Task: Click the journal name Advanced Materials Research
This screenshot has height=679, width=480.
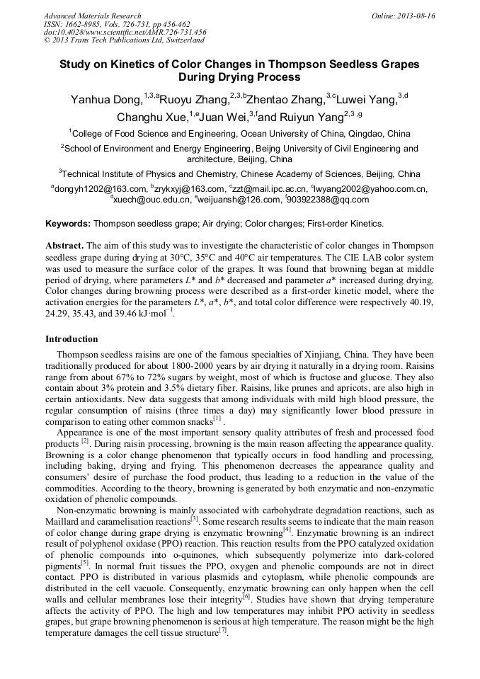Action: (x=92, y=16)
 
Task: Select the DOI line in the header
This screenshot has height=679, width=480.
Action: (x=125, y=33)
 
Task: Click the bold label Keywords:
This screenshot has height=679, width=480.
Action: (x=68, y=224)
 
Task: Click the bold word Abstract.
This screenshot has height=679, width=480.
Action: (x=64, y=245)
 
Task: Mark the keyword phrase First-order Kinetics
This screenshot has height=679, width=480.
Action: (x=345, y=224)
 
